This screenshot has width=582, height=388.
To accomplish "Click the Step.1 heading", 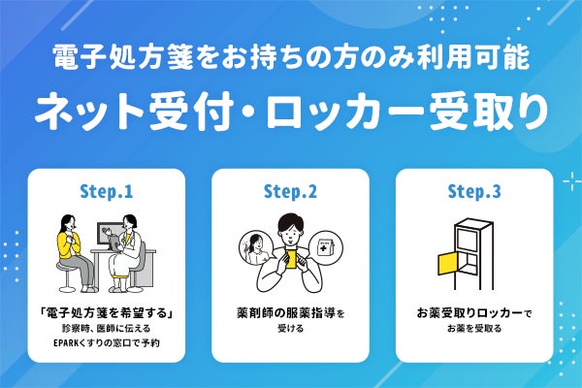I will click(106, 191).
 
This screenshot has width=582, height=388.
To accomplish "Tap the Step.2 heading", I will click(290, 191).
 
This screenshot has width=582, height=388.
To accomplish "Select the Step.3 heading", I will click(474, 191).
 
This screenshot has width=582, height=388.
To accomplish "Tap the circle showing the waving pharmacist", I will click(253, 245).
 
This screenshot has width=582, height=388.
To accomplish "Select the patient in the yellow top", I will click(69, 242).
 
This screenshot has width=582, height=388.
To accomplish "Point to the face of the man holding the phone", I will click(291, 231).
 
